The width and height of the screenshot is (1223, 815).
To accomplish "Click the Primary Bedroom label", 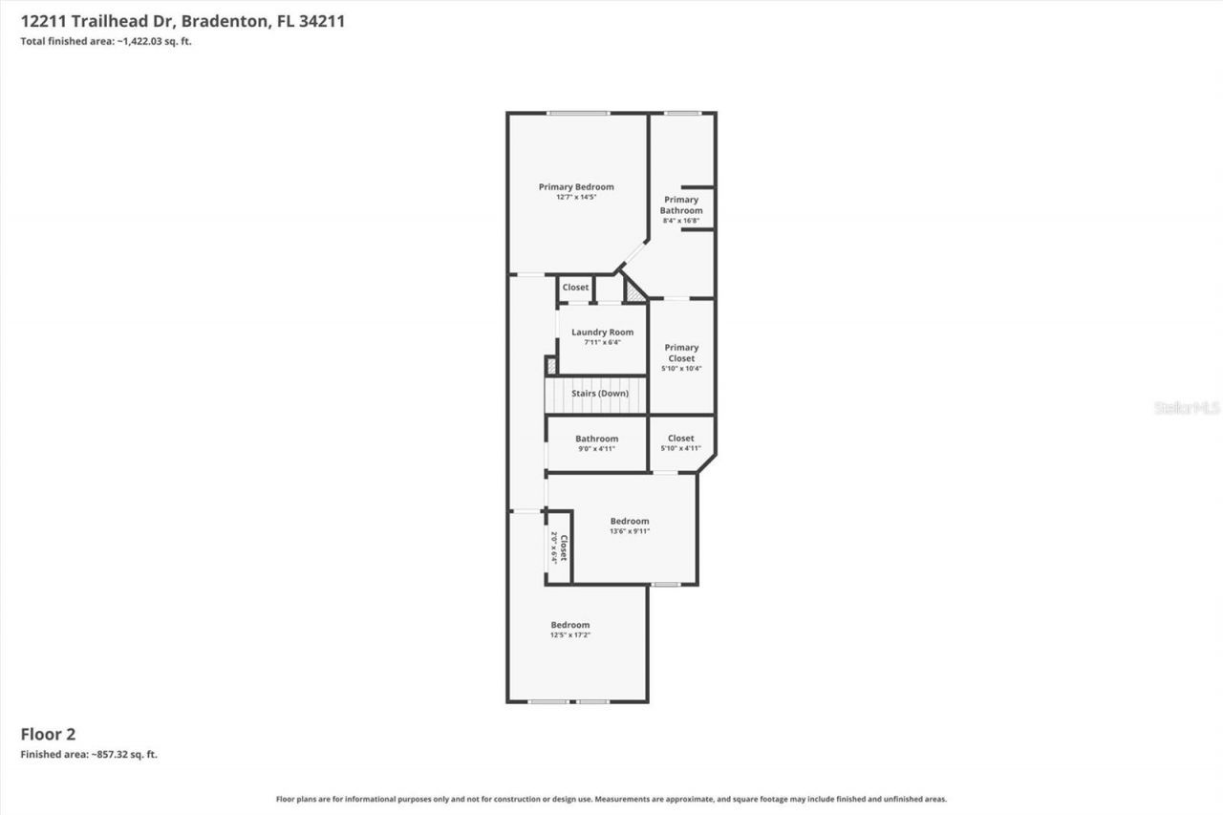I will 576,187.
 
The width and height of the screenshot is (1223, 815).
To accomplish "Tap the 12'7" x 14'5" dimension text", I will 576,198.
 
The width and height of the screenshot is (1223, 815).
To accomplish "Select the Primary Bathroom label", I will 681,205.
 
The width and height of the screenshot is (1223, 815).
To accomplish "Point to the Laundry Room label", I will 602,332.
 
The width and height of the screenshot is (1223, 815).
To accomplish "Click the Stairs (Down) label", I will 600,394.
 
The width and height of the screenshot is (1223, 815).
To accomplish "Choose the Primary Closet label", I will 681,354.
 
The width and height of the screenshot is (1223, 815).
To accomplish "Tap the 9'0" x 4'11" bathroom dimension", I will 596,449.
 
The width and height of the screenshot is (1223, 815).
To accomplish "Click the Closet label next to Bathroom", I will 681,439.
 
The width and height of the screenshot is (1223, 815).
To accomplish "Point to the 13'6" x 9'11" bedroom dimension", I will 630,532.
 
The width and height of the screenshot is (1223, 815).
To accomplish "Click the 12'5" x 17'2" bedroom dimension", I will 569,635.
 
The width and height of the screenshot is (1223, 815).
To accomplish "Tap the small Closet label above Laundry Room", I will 575,288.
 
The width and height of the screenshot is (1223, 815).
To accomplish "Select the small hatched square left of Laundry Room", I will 550,365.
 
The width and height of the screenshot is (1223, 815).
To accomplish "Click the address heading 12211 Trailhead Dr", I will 182,20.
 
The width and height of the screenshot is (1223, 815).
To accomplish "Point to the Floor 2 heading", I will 48,734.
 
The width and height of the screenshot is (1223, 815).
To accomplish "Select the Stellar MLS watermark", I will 1187,408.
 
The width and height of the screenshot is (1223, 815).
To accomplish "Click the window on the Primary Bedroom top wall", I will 578,114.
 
